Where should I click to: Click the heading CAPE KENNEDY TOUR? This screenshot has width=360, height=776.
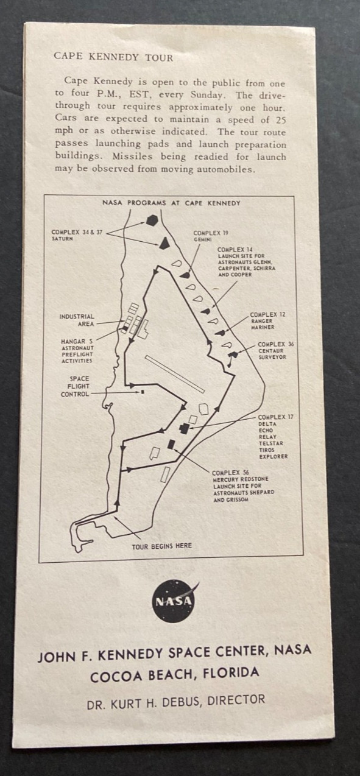coord(113,57)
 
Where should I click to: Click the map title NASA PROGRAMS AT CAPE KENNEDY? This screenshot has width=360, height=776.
coord(171,203)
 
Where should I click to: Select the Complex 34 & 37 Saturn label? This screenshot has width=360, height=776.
coord(77,236)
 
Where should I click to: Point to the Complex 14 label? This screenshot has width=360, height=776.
coord(246,262)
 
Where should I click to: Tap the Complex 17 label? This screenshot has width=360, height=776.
coord(275,437)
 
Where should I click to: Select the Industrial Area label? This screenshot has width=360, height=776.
coord(77,320)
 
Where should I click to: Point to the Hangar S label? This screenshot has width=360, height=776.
coord(77,351)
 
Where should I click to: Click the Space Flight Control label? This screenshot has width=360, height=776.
coord(75,386)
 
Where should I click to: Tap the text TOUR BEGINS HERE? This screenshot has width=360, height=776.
coord(161,546)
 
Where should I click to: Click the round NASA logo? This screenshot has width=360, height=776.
coord(173,602)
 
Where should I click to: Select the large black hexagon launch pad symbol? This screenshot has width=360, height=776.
coord(152,220)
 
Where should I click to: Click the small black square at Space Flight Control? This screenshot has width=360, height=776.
coord(142,392)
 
